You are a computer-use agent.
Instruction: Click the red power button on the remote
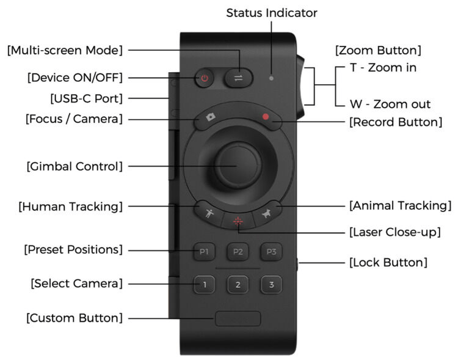(205, 78)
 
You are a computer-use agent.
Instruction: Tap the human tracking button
(209, 213)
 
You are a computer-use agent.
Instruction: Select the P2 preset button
(238, 251)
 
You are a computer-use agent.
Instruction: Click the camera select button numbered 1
(205, 284)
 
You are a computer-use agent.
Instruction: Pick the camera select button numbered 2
(238, 285)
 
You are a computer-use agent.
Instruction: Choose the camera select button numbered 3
(271, 285)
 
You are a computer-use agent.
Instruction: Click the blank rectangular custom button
(238, 318)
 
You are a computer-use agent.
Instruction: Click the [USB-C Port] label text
(86, 98)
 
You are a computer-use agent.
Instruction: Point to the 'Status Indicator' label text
(272, 12)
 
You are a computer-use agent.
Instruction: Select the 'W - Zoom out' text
(390, 104)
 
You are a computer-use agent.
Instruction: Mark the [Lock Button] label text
(388, 263)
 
